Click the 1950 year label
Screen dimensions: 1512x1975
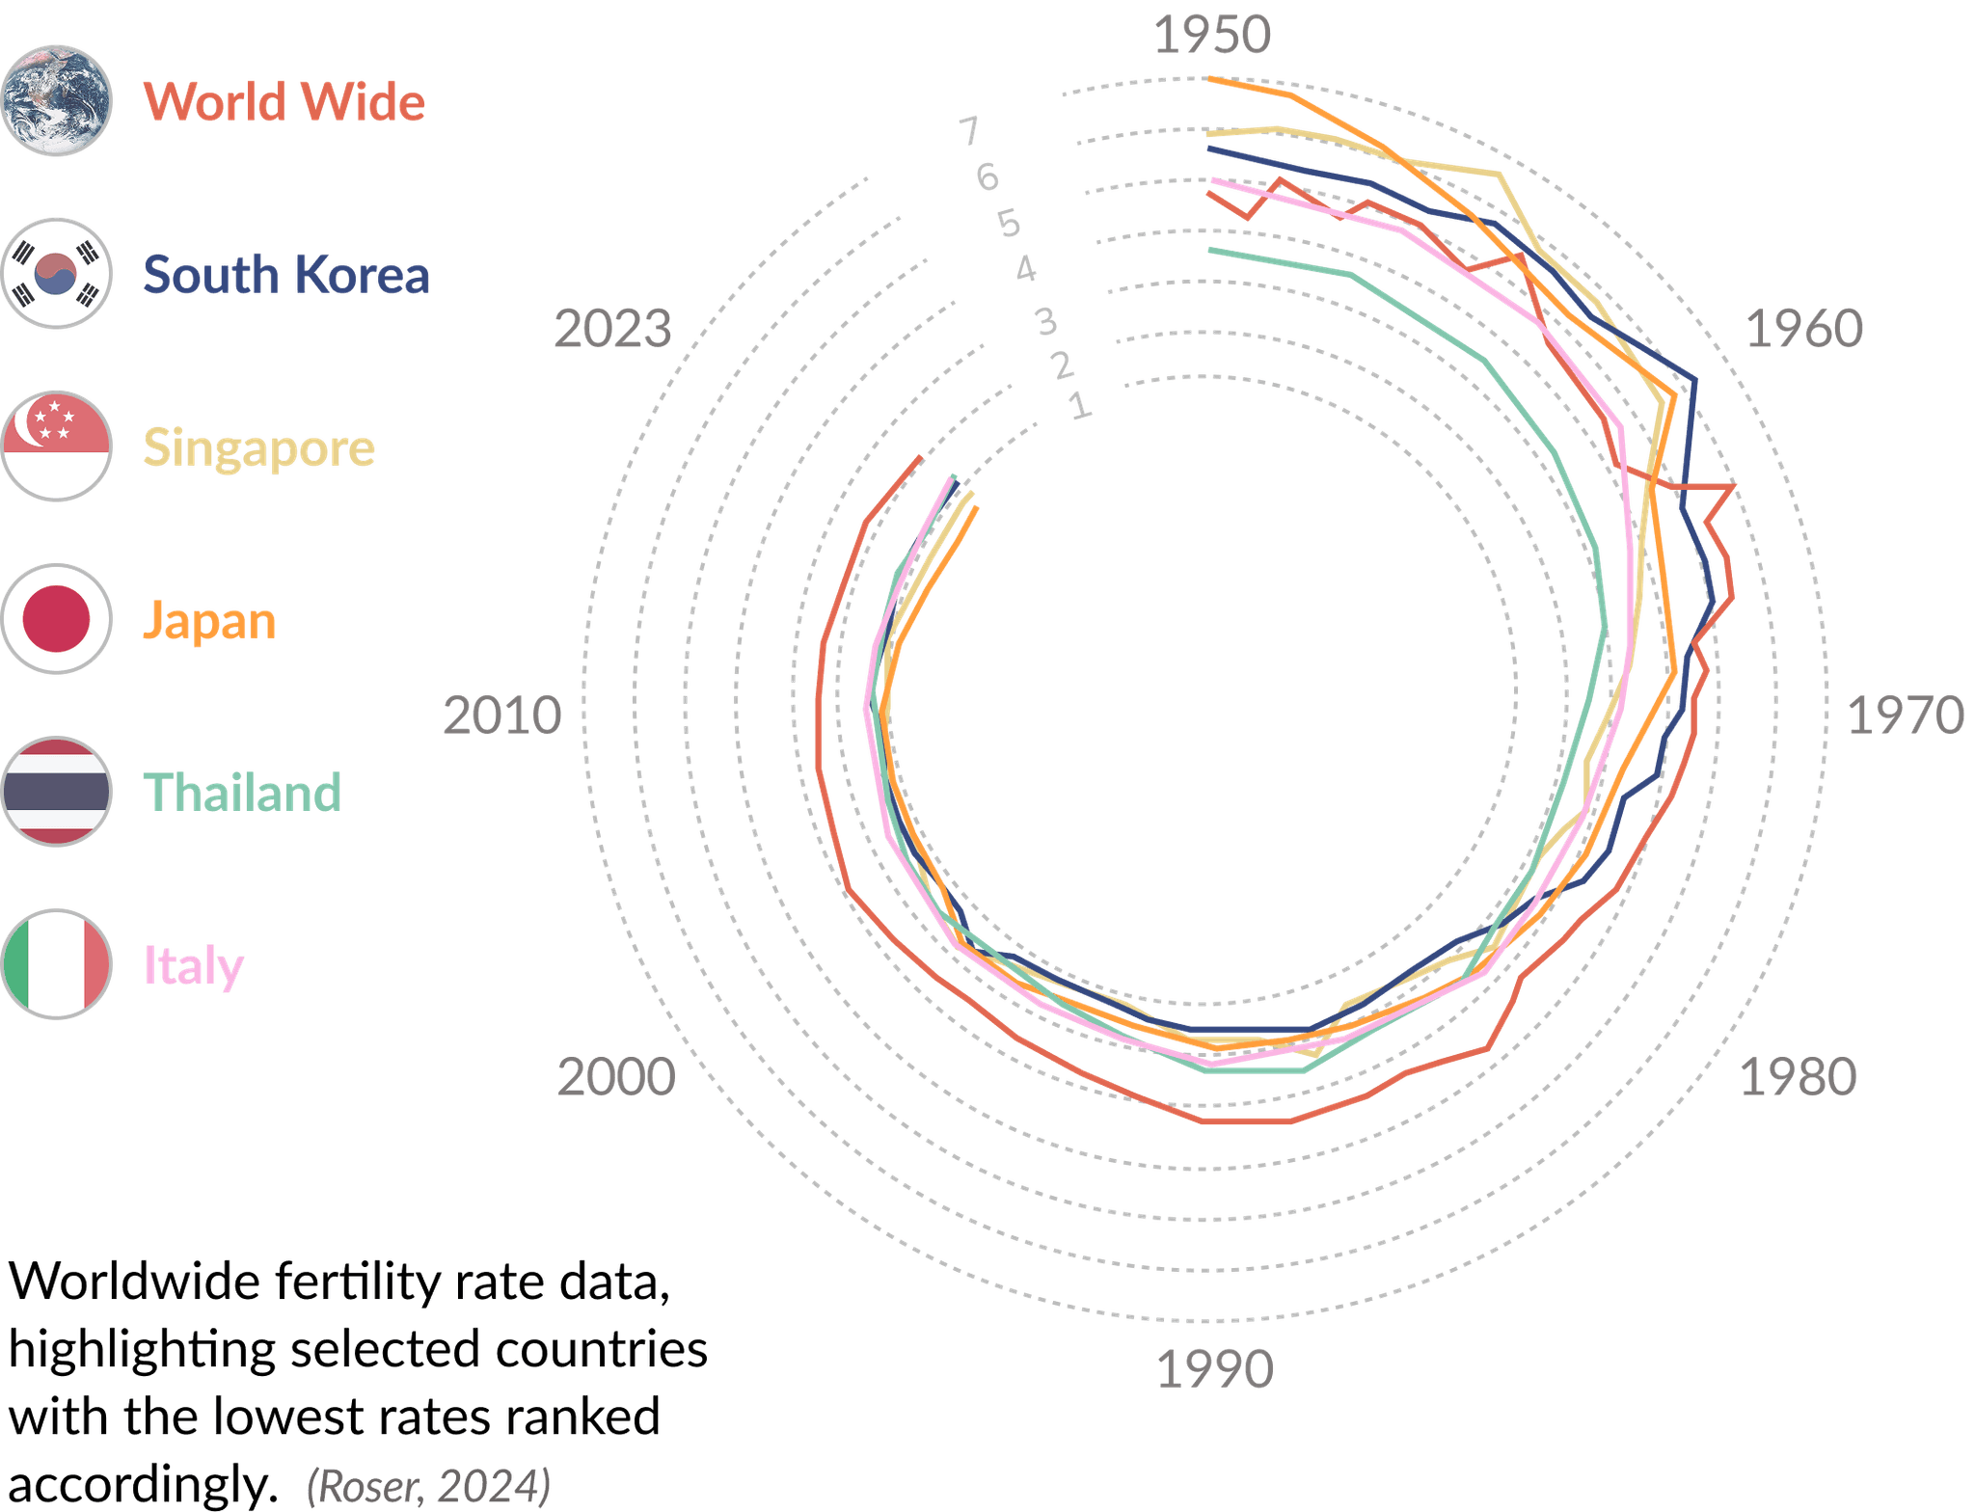click(1212, 36)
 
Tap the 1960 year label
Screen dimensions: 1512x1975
click(1803, 329)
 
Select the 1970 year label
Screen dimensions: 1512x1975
click(1905, 715)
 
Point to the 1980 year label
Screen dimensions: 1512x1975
click(1798, 1077)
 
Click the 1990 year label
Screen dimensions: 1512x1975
click(1215, 1369)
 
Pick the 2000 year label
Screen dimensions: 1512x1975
click(616, 1077)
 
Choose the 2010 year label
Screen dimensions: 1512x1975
click(501, 715)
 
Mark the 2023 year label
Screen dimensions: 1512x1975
click(612, 329)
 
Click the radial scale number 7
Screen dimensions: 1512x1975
click(969, 130)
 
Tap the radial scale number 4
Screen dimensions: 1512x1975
click(1026, 269)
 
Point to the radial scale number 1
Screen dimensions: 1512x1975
click(1080, 406)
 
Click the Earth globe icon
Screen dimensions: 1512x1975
click(57, 100)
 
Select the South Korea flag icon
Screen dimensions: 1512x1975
click(57, 273)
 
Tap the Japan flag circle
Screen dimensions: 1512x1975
click(57, 619)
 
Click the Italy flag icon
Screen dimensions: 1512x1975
click(57, 963)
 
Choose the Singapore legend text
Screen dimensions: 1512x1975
click(258, 448)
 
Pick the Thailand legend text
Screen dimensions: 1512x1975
click(243, 793)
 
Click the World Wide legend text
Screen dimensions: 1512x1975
click(284, 101)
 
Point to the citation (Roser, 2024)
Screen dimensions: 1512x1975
click(428, 1486)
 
